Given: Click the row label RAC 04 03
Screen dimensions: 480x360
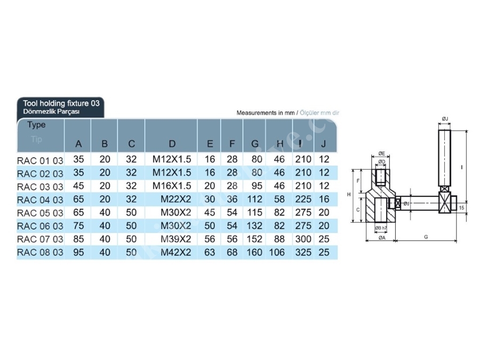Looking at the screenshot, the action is tap(40, 200).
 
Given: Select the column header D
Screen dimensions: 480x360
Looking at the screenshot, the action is tap(172, 143).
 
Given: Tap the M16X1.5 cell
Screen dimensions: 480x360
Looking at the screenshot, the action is tap(172, 186).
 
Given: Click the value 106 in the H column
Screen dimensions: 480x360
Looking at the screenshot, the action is tap(277, 252).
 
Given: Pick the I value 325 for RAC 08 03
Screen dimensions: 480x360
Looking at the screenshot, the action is tap(303, 252).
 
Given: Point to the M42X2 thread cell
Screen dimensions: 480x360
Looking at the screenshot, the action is tap(175, 252).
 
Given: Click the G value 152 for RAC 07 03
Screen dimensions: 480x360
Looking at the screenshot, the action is tap(254, 239).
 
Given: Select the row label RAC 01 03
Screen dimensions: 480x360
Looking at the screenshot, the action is tap(40, 161).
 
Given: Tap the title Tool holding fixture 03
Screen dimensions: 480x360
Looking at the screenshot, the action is tap(61, 103).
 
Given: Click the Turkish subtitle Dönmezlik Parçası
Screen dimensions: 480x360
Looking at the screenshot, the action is tap(51, 111).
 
